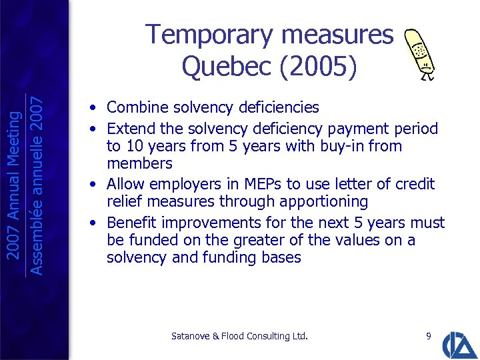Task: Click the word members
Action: click(139, 163)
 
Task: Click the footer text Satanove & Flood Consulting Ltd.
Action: click(239, 337)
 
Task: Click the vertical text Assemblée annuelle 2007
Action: click(38, 180)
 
